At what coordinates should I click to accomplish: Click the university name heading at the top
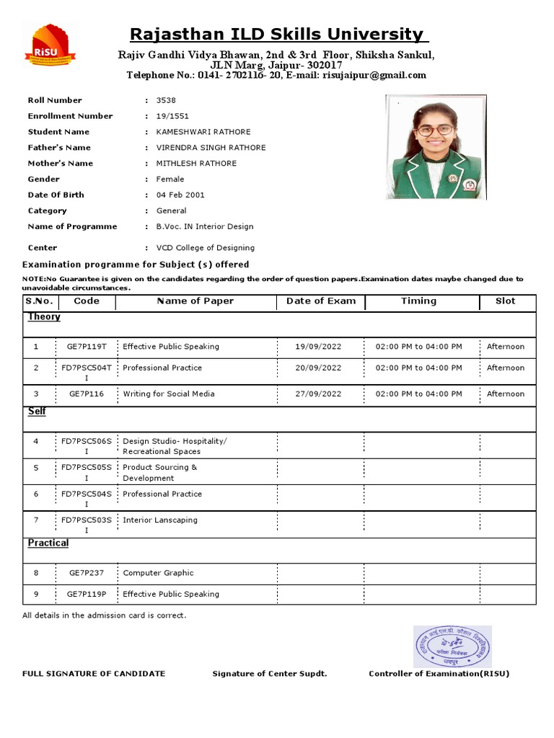point(276,34)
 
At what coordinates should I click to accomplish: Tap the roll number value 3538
point(166,100)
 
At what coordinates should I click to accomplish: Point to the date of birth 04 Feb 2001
point(180,195)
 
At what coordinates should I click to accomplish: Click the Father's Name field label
point(59,148)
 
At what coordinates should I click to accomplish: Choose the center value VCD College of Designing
point(205,247)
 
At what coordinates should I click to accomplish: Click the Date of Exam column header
point(321,301)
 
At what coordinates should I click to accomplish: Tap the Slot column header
point(505,301)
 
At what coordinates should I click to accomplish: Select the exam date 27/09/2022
point(318,394)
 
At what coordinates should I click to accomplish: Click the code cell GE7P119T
point(87,347)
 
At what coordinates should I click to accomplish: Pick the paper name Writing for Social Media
point(169,394)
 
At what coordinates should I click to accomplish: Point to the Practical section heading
point(48,543)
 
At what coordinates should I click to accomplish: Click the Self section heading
point(37,411)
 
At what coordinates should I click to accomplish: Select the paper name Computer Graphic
point(158,573)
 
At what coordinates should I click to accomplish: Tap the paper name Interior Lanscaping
point(160,520)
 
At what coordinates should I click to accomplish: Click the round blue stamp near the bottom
point(452,646)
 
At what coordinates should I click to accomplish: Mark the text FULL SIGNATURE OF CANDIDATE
point(94,674)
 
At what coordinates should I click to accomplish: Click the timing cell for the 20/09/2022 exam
point(419,368)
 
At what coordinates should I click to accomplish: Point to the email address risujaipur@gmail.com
point(374,75)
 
